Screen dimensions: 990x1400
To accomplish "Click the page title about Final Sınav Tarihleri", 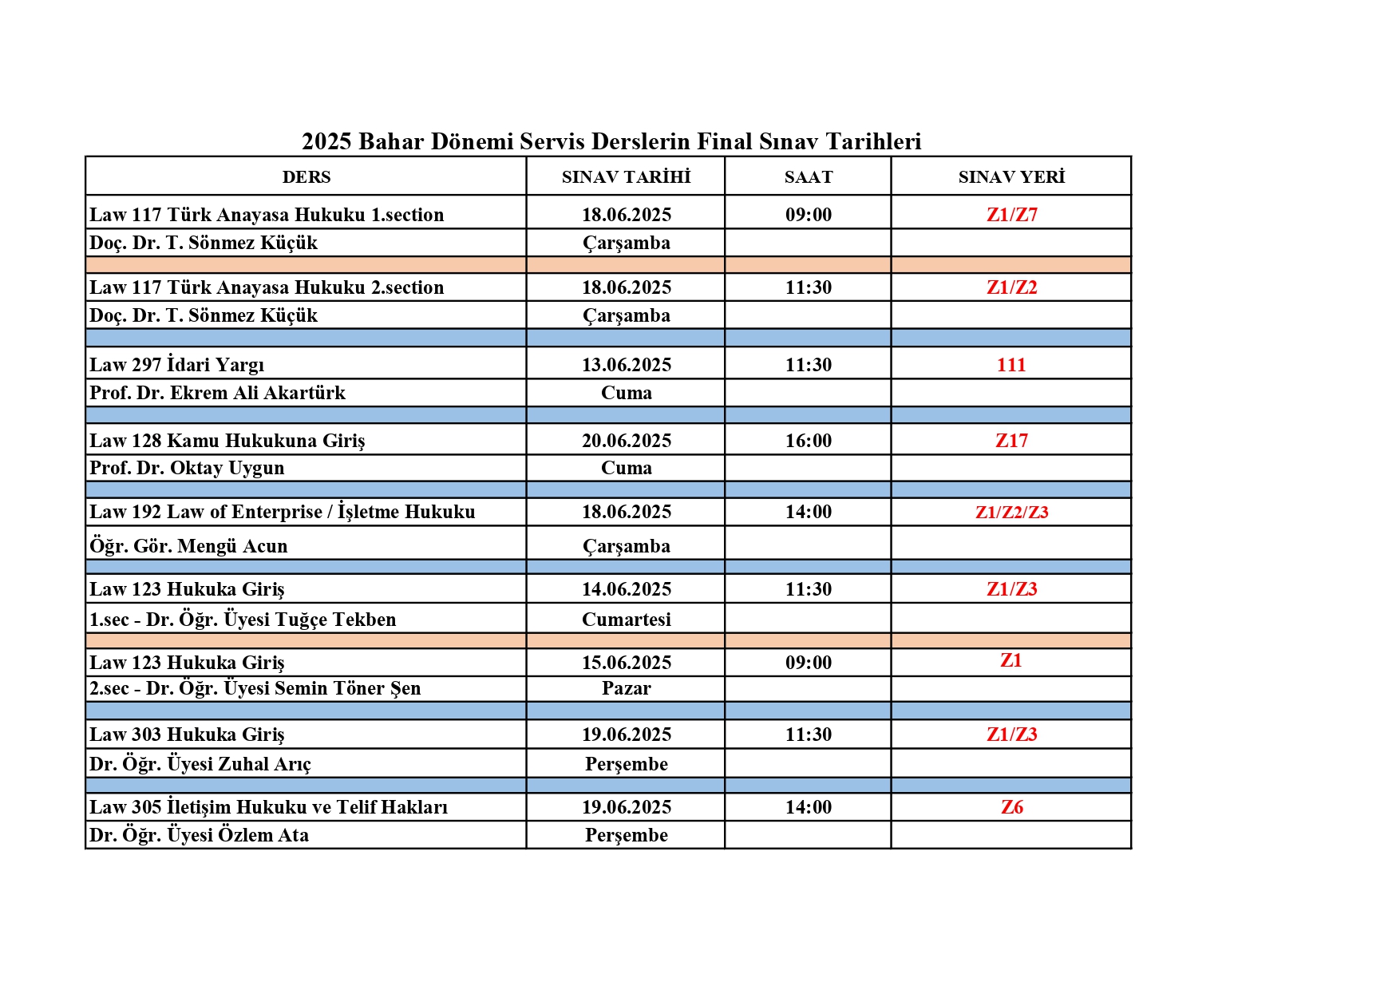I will coord(611,141).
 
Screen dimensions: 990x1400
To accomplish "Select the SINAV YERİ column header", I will coord(1011,177).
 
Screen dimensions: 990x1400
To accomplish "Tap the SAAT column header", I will coord(808,177).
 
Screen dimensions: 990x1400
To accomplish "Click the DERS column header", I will coord(306,177).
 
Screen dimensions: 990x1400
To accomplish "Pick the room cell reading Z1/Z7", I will coord(1011,215).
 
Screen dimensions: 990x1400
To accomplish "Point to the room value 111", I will coord(1010,365).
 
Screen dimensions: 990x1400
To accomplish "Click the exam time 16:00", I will coord(808,441).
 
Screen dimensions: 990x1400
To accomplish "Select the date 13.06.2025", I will coord(626,365).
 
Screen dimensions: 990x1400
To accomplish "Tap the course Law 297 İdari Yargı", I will coord(176,365).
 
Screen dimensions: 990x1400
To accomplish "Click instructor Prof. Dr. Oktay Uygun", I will coord(187,468).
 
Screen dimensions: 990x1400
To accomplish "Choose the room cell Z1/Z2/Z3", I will coord(1011,513).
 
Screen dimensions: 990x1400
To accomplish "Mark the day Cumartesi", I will coord(626,620).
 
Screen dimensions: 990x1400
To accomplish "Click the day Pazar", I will coord(626,688).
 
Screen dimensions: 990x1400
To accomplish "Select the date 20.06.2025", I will coord(626,441).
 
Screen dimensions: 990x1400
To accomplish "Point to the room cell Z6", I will coord(1011,807).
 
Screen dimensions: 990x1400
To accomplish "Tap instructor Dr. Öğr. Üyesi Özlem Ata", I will coord(199,835).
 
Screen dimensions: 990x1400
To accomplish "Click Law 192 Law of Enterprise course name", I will coord(282,512).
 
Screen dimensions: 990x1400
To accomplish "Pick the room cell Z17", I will coord(1011,441).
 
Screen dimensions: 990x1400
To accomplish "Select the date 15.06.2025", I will coord(626,663).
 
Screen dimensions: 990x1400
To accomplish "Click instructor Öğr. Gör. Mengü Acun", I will coord(188,546).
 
